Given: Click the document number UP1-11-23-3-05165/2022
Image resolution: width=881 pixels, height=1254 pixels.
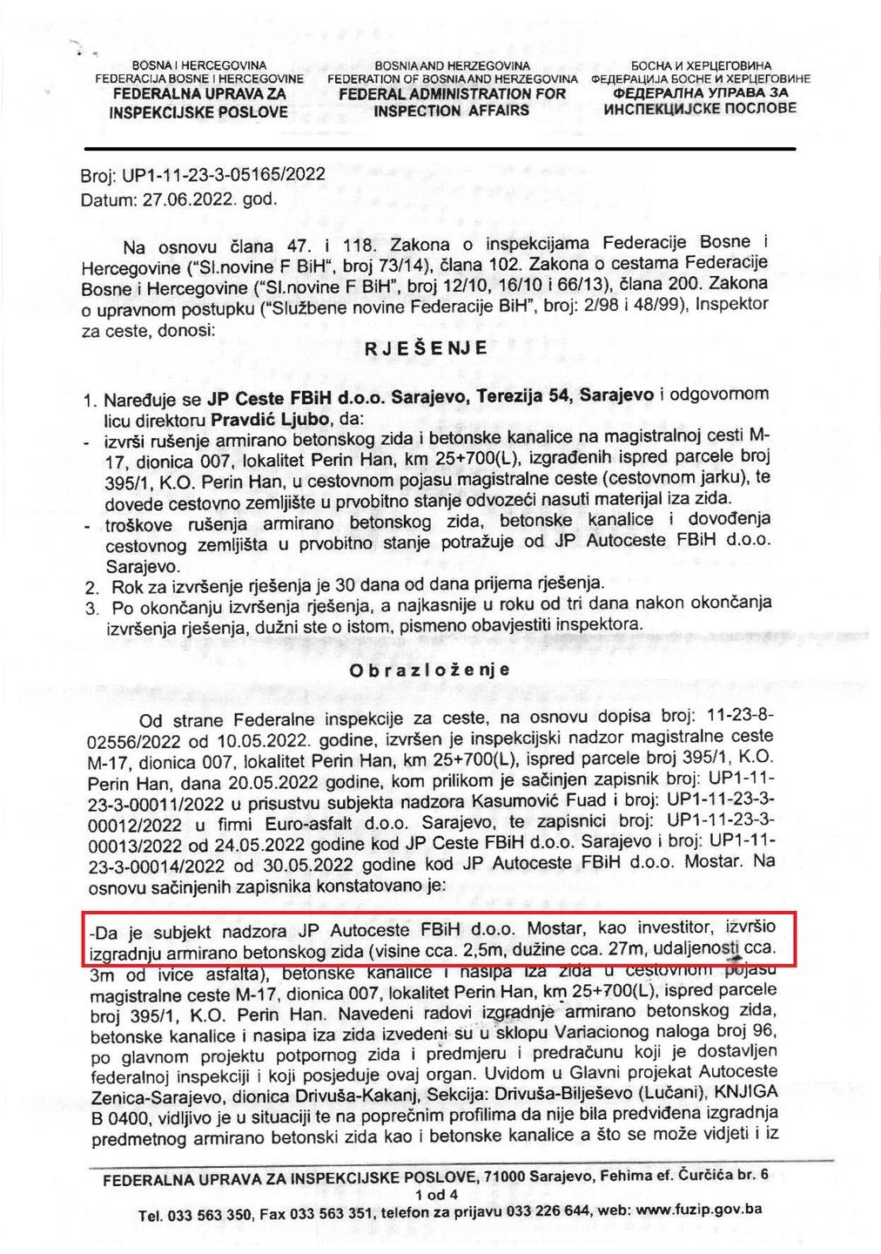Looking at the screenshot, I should (x=224, y=175).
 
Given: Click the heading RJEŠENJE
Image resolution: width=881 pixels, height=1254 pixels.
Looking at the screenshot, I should (x=426, y=348).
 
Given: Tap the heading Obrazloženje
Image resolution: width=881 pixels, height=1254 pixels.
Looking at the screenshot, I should (x=429, y=671).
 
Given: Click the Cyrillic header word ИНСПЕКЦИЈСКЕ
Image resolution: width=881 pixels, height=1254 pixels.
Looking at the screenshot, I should (x=667, y=109).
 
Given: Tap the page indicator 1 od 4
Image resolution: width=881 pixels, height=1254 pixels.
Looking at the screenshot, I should (x=436, y=1195).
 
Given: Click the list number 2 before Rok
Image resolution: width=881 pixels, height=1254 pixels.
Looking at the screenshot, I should (x=91, y=588).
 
